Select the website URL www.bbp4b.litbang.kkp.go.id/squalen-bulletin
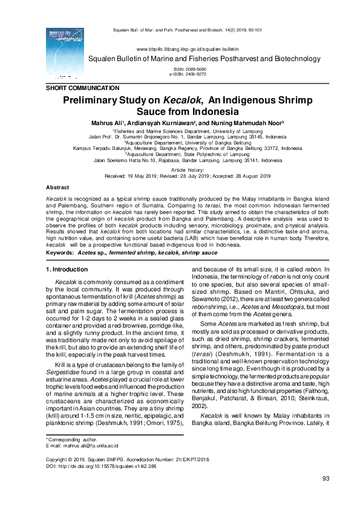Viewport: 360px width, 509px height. point(188,48)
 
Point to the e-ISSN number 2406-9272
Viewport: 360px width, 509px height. point(199,74)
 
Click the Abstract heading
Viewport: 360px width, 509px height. point(57,188)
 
